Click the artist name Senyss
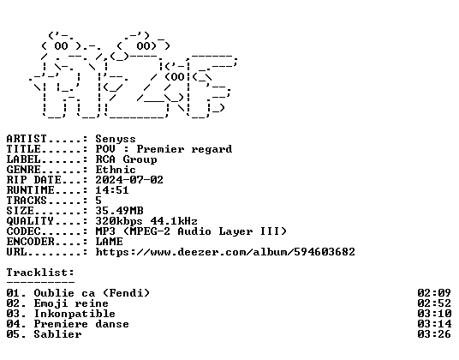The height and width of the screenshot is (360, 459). (x=116, y=139)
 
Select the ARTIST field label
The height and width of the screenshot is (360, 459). (x=27, y=139)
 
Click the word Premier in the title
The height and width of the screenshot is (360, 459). (x=160, y=149)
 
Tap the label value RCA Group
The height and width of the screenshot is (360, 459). (x=126, y=159)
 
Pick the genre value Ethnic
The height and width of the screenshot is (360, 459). (x=116, y=170)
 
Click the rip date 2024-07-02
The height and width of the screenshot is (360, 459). (x=129, y=180)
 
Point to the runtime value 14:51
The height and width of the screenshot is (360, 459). (x=112, y=190)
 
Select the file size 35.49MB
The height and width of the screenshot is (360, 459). (x=119, y=211)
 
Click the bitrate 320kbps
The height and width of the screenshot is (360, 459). (x=119, y=221)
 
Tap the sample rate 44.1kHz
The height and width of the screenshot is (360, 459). (x=174, y=221)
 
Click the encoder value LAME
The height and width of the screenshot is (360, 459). (x=110, y=242)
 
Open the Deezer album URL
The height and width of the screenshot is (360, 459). (x=225, y=252)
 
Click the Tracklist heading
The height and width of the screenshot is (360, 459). (x=40, y=273)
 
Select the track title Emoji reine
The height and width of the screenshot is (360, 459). (x=71, y=303)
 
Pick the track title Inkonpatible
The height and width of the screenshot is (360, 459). (x=75, y=314)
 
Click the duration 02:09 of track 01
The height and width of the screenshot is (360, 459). (x=434, y=293)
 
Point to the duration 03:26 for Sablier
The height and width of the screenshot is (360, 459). (x=434, y=334)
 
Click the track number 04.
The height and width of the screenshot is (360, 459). (x=13, y=324)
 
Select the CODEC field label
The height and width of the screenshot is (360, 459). (x=23, y=231)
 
